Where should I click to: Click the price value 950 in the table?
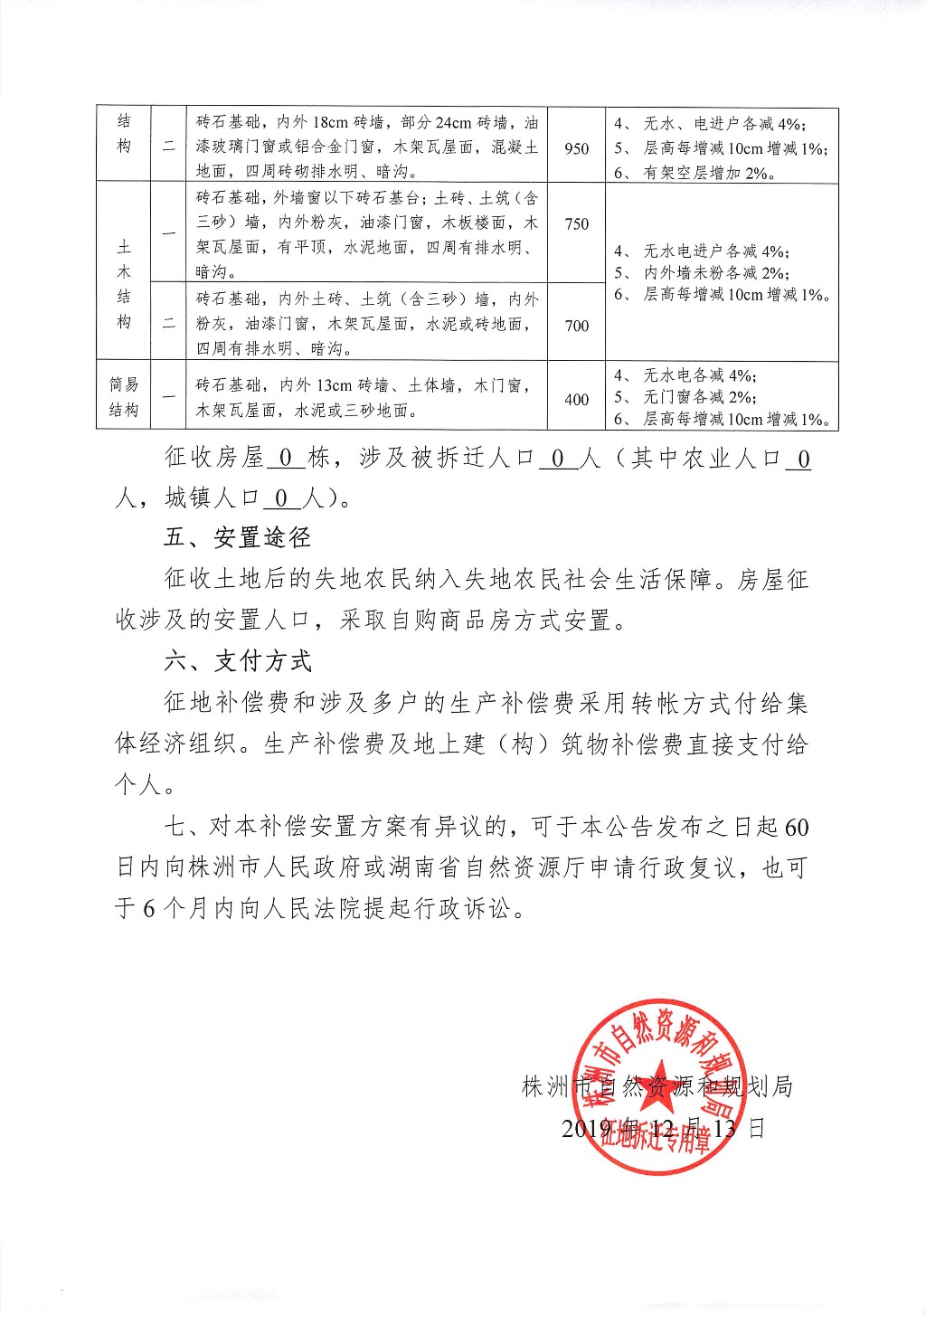click(x=576, y=148)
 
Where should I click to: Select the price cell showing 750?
click(x=576, y=223)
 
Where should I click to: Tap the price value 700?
click(x=576, y=326)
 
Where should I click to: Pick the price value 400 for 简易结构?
click(x=576, y=399)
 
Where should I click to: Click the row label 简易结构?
click(x=124, y=397)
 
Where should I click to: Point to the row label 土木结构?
click(x=124, y=283)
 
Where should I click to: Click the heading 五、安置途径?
click(x=237, y=537)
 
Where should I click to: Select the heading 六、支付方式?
click(x=237, y=661)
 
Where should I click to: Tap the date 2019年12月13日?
click(x=663, y=1128)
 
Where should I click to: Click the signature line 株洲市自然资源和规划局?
click(x=657, y=1085)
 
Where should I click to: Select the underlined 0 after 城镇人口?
click(x=281, y=498)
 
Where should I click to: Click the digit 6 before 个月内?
click(x=149, y=908)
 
